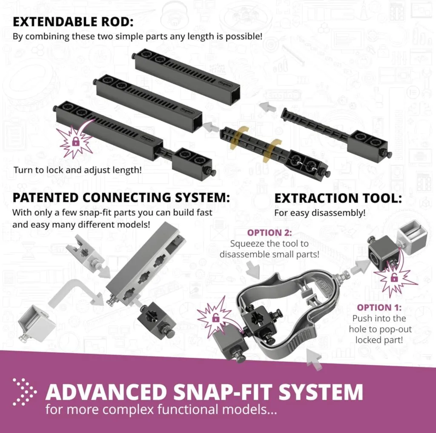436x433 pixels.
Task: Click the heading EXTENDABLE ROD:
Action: pos(73,21)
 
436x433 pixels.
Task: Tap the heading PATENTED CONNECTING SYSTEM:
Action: pos(121,198)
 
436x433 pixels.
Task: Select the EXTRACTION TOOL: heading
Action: pos(338,198)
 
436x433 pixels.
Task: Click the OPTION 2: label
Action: pos(270,233)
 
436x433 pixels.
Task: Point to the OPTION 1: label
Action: pos(379,307)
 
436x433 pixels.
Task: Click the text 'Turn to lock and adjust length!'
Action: pos(77,170)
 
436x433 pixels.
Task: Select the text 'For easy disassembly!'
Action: pos(319,213)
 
